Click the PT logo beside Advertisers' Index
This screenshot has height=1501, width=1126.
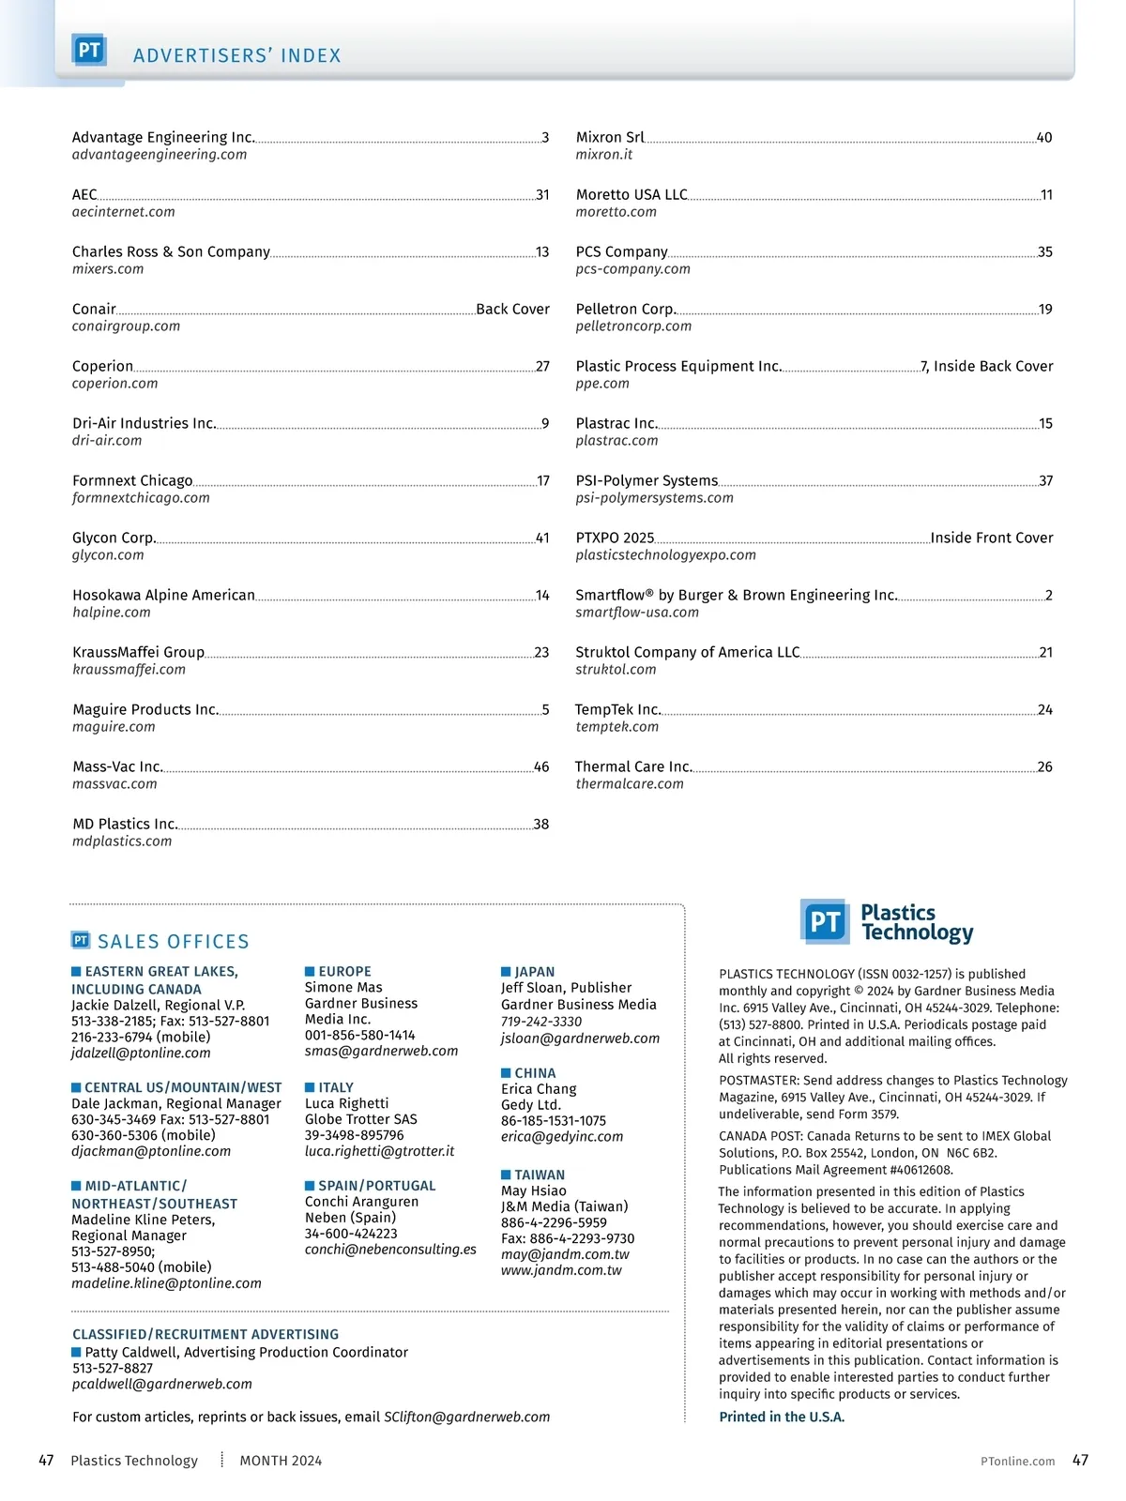click(x=89, y=51)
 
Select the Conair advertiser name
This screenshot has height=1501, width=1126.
click(x=94, y=310)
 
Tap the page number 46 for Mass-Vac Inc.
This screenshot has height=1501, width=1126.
click(x=541, y=767)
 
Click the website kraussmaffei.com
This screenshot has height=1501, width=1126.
click(x=129, y=670)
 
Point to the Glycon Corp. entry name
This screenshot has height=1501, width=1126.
click(x=114, y=538)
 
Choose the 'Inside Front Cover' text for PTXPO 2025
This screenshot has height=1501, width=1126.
click(x=992, y=538)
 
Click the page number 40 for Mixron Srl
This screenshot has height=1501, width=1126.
click(x=1044, y=138)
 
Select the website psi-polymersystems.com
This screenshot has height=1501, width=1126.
click(x=654, y=498)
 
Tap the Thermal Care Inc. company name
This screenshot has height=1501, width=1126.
click(x=633, y=767)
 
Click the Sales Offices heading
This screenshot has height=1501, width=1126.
click(x=173, y=942)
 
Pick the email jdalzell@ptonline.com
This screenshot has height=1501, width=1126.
click(x=141, y=1054)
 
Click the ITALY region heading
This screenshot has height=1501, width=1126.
click(x=336, y=1088)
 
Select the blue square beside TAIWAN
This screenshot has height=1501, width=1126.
click(x=506, y=1175)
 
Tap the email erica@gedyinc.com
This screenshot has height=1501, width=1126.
click(x=562, y=1137)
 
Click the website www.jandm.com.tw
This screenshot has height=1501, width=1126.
click(x=561, y=1271)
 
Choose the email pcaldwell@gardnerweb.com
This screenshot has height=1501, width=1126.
click(x=162, y=1385)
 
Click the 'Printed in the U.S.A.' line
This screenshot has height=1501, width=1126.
click(x=782, y=1418)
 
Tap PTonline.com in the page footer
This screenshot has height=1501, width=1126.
click(x=1017, y=1462)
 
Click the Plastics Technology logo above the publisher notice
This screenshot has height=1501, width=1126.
click(x=887, y=922)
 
